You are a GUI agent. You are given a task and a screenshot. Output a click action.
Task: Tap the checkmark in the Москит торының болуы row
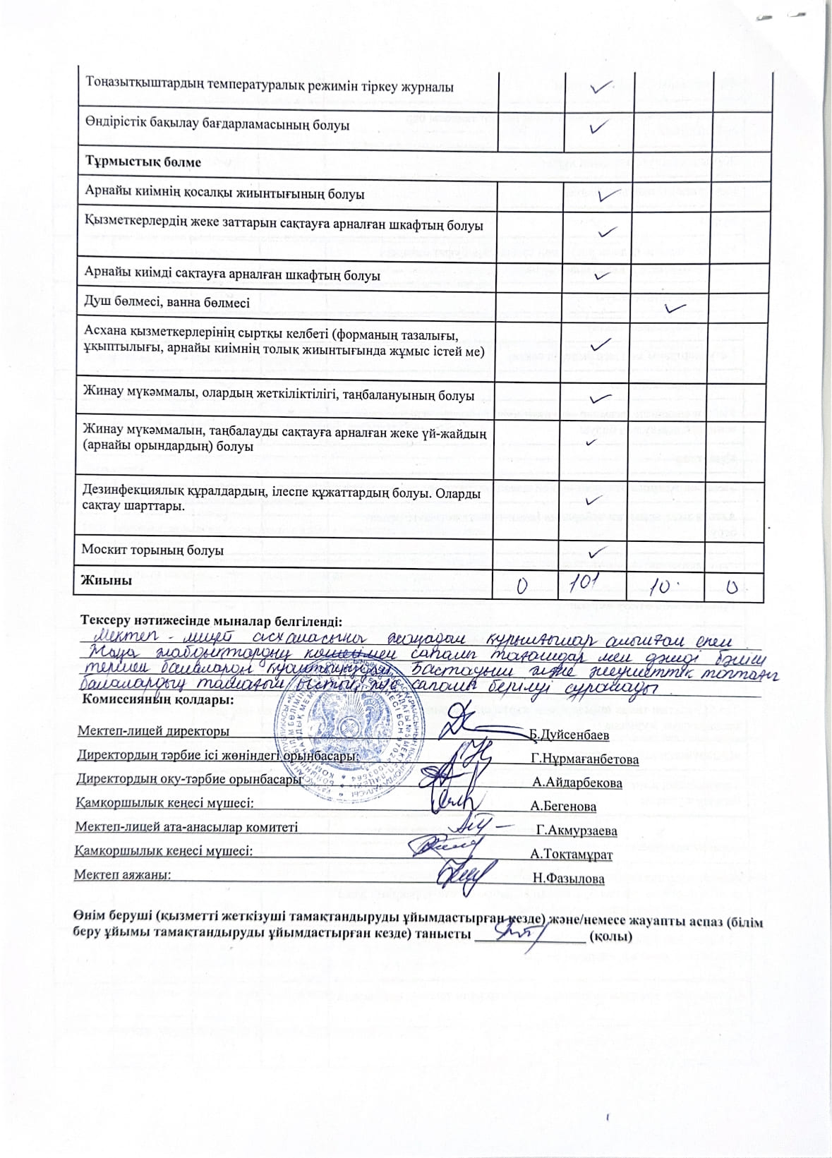(598, 551)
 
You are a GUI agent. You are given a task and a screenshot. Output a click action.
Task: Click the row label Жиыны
(107, 581)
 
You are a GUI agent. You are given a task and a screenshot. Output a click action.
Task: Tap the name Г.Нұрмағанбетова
(586, 759)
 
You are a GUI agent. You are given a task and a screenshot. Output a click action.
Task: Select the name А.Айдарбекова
(578, 783)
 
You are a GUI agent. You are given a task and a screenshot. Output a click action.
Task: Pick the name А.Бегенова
(564, 806)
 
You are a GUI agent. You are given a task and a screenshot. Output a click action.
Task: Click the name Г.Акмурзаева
(577, 831)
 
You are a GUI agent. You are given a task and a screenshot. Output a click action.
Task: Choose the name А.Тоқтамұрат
(572, 855)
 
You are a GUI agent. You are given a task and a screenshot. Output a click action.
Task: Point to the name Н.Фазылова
(569, 879)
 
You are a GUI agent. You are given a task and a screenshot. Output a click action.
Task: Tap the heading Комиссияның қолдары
(158, 700)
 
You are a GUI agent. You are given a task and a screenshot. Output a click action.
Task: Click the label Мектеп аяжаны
(123, 875)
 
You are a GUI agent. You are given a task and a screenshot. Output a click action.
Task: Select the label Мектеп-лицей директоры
(153, 731)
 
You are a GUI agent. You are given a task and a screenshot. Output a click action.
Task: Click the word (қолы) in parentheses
(610, 937)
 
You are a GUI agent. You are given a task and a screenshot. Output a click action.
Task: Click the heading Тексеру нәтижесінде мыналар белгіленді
(211, 621)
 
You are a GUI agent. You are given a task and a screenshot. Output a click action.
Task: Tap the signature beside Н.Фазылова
(462, 876)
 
